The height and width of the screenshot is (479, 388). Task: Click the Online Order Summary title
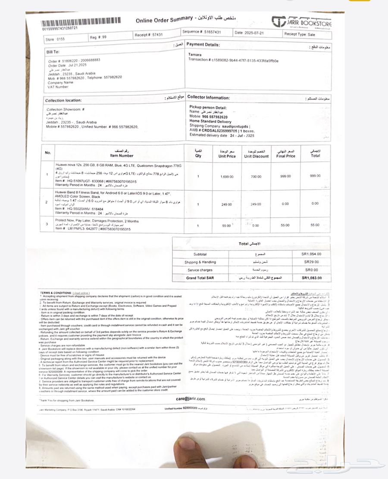pyautogui.click(x=164, y=19)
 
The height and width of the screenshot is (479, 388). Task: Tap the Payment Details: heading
pyautogui.click(x=203, y=44)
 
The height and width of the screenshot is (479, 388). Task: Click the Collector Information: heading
pyautogui.click(x=209, y=98)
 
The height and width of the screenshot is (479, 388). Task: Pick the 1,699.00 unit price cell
pyautogui.click(x=227, y=177)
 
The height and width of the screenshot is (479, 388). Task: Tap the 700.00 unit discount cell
pyautogui.click(x=256, y=177)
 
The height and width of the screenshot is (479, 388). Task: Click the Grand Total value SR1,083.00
pyautogui.click(x=311, y=278)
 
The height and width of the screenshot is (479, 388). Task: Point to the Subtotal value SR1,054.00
pyautogui.click(x=311, y=254)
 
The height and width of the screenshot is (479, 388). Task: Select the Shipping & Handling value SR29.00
pyautogui.click(x=311, y=262)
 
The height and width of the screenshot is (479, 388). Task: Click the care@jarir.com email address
pyautogui.click(x=191, y=399)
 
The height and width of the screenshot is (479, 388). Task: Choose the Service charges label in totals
pyautogui.click(x=200, y=270)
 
